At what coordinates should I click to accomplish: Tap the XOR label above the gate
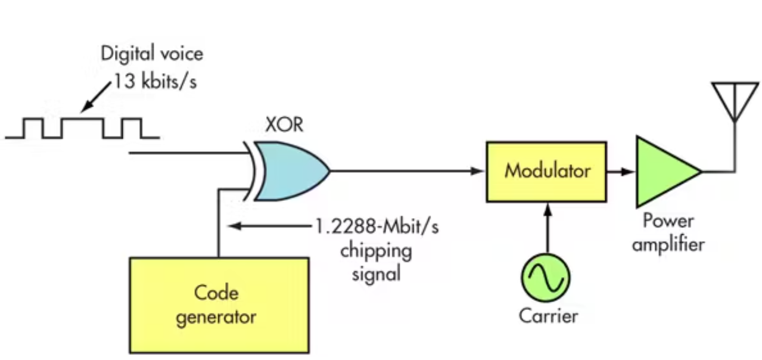coord(284,125)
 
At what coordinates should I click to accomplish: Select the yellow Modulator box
coord(546,172)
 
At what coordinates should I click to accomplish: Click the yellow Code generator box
coord(219,305)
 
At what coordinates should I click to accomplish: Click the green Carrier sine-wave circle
coord(546,277)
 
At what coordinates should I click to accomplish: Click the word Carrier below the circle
coord(548,315)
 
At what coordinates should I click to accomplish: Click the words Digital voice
coord(152,54)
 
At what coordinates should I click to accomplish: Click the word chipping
coord(376,250)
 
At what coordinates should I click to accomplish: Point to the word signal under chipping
coord(376,274)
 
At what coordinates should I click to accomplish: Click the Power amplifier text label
coord(667,232)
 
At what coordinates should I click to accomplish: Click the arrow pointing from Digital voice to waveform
coord(96,96)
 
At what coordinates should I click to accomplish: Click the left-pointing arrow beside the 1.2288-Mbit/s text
coord(268,226)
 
